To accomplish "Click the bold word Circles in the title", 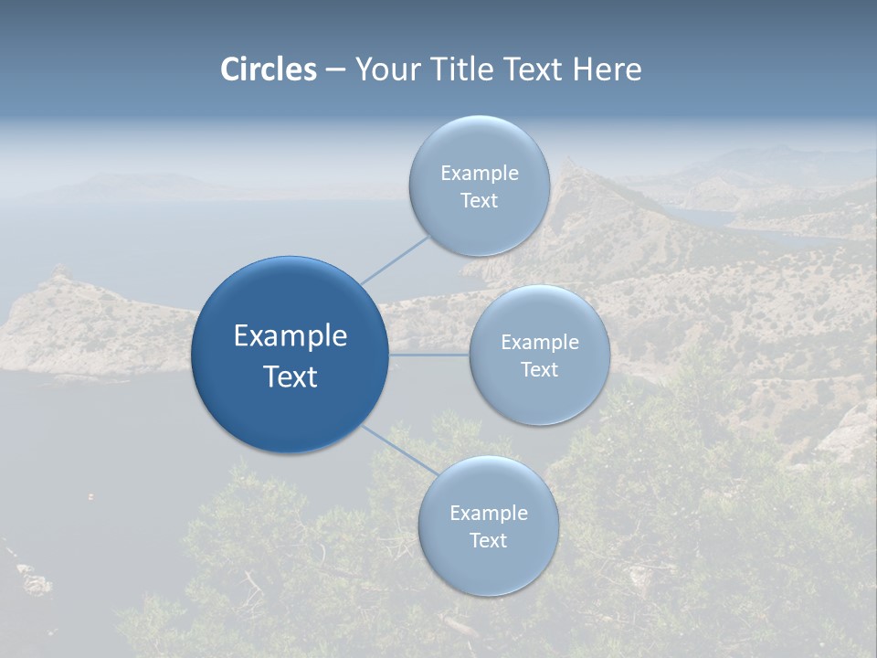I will pos(269,69).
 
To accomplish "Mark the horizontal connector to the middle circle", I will pos(429,355).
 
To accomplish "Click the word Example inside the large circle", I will pos(291,335).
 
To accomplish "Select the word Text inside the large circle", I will pos(291,377).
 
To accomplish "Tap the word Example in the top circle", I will pos(480,173).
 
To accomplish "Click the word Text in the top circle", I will pos(480,200).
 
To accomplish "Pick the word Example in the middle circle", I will pos(540,342).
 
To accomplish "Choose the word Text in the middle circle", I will pos(540,369).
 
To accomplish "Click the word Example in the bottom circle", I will pos(489,513).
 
